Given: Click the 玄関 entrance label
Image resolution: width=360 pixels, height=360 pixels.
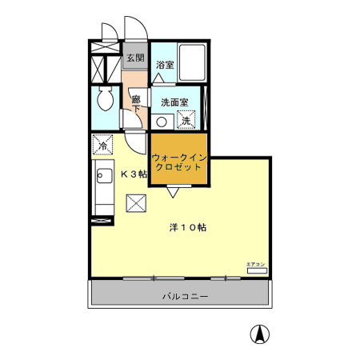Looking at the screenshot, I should (x=134, y=58).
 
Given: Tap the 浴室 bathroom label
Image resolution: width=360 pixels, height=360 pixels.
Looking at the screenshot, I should (x=165, y=64).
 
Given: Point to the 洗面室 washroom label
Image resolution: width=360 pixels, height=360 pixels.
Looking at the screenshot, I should (x=174, y=102).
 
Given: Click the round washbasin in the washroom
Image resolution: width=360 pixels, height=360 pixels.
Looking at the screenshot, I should (x=162, y=122).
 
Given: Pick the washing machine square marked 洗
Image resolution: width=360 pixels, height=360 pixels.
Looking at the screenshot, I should (x=186, y=121).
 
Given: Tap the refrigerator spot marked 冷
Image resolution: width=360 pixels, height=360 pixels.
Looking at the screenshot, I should (x=102, y=146).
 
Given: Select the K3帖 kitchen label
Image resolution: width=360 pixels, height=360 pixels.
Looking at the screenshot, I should (x=133, y=174).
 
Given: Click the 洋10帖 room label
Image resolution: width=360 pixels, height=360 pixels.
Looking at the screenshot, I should (x=188, y=227).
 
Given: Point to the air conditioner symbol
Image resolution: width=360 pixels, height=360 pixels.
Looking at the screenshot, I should (x=256, y=271).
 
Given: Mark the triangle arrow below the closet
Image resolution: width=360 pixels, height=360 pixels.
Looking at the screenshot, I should (x=173, y=192).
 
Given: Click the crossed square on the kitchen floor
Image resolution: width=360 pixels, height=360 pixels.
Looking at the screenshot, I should (x=136, y=204).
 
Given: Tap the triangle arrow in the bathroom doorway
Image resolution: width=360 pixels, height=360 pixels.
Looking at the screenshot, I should (x=160, y=78).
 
